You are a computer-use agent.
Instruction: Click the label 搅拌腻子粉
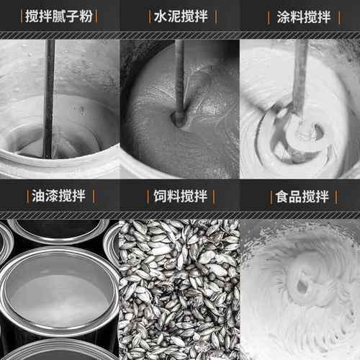59,16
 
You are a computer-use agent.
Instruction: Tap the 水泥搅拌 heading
179,16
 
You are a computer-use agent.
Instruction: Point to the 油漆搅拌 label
59,197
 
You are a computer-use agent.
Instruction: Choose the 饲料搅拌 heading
179,197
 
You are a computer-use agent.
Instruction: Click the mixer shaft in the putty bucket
49,94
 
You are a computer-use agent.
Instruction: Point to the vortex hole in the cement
177,115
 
